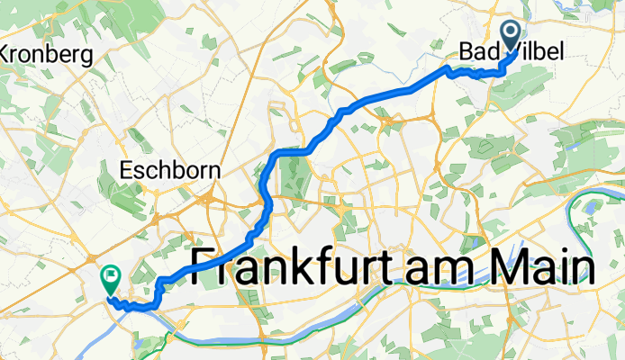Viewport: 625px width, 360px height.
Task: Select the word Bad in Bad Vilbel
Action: coord(477,54)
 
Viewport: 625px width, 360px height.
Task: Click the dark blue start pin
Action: coord(511,37)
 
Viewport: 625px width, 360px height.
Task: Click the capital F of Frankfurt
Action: coord(203,267)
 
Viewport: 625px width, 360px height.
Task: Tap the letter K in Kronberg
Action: coord(5,55)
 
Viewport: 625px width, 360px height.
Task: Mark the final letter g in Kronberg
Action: coord(88,58)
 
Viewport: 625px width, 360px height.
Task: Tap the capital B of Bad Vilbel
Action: coord(466,54)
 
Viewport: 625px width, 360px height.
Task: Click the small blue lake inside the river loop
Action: coord(591,206)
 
